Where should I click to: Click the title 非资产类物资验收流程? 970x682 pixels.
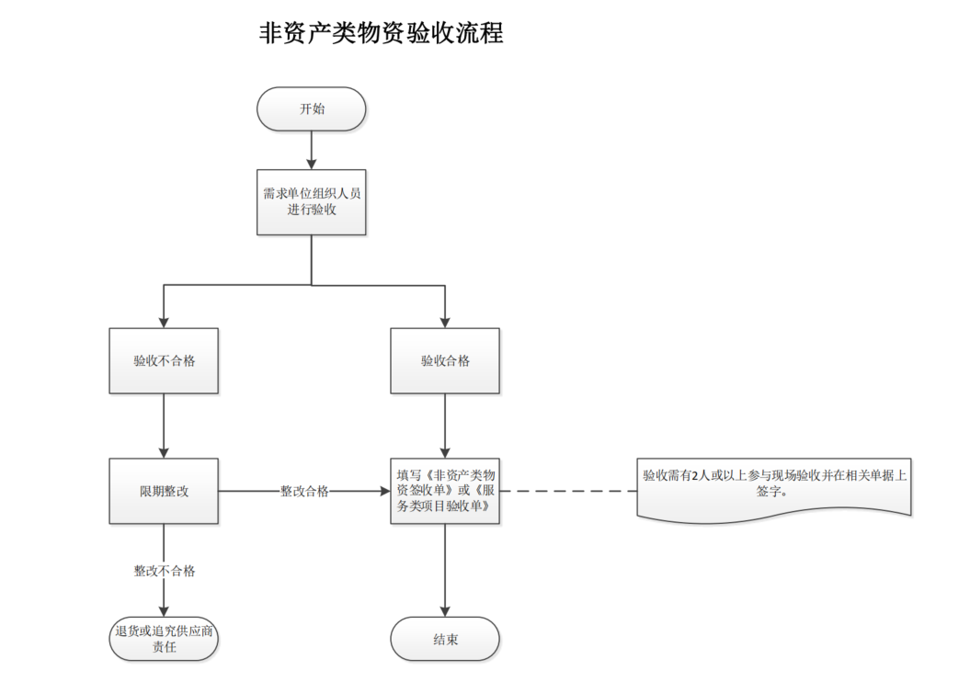click(382, 34)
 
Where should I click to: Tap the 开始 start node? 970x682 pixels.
click(312, 109)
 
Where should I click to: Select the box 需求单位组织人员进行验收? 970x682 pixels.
click(312, 202)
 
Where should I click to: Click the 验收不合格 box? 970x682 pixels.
click(164, 361)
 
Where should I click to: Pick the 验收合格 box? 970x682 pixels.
click(445, 361)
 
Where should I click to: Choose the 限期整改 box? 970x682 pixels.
click(164, 491)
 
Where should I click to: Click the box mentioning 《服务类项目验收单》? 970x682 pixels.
click(445, 491)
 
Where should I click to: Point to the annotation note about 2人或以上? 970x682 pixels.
click(774, 484)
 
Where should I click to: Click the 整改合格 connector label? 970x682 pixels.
click(304, 492)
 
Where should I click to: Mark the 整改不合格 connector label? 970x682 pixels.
click(165, 571)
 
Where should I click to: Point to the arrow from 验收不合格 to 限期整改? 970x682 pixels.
click(164, 426)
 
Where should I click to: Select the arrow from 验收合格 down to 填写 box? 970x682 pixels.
click(445, 426)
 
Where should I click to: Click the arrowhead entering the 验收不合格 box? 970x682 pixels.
click(164, 322)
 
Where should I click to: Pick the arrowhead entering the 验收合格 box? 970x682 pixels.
click(445, 322)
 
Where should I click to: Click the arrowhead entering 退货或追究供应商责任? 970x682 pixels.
click(164, 610)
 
